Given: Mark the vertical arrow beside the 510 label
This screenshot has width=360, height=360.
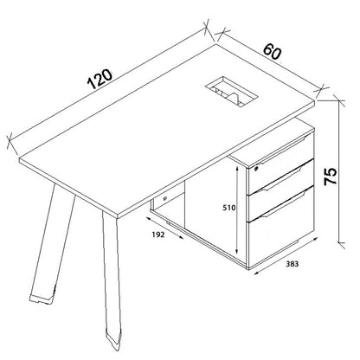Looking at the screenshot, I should coord(237,208).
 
